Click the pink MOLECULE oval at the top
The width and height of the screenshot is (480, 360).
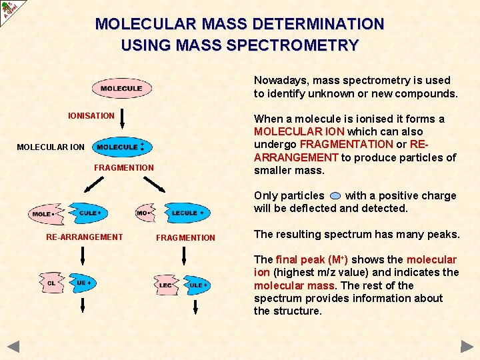(x=121, y=89)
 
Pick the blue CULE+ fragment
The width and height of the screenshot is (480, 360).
(x=89, y=213)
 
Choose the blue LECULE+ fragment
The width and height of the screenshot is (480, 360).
(x=186, y=213)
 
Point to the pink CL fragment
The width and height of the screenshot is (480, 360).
(x=52, y=283)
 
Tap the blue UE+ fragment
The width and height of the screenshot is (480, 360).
(x=83, y=283)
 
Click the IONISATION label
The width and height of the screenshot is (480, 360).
(x=91, y=116)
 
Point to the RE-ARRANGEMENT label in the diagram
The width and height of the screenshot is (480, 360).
(x=84, y=237)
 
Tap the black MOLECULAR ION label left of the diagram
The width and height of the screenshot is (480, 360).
(x=51, y=147)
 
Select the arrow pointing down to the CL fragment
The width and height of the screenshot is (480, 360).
(x=83, y=256)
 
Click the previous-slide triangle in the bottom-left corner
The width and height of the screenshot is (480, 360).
(x=13, y=346)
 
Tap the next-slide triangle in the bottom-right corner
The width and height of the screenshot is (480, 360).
(x=467, y=346)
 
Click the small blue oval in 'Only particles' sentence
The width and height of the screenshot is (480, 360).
(x=335, y=196)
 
